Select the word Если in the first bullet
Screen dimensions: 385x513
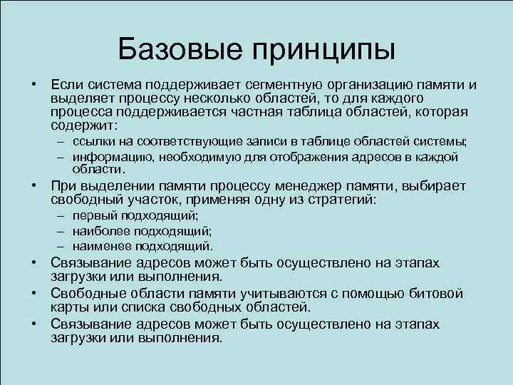(x=65, y=86)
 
